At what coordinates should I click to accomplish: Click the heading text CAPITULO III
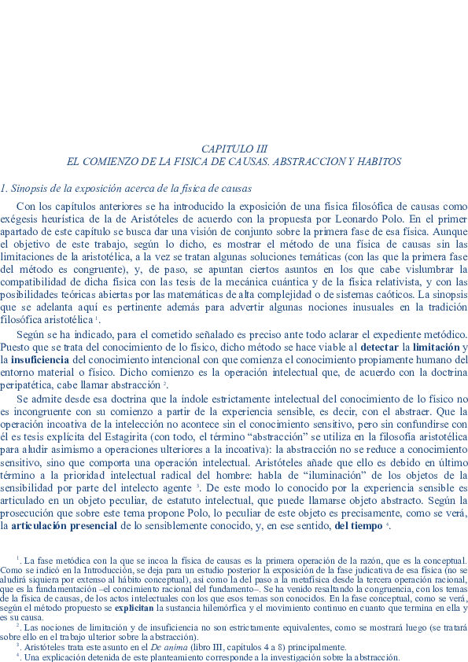[x=234, y=149]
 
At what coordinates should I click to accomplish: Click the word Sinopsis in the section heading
[x=29, y=189]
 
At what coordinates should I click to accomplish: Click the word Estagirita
[x=122, y=435]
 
